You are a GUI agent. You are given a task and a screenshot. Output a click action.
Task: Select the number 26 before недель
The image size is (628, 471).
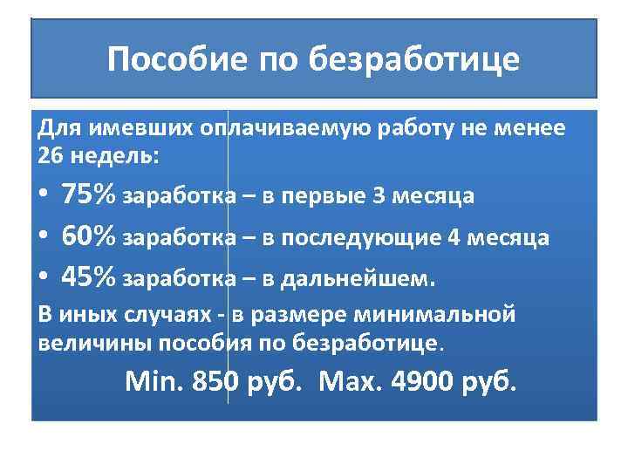[51, 156]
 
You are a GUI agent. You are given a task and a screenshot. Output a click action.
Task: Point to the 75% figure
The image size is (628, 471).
[89, 195]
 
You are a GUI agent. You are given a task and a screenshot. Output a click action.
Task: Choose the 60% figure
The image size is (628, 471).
[89, 236]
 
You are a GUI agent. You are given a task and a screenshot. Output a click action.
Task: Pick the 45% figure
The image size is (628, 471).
[89, 277]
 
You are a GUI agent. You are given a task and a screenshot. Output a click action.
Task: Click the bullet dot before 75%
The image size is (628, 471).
[44, 195]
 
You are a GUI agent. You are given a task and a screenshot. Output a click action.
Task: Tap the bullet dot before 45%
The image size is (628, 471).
[44, 278]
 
